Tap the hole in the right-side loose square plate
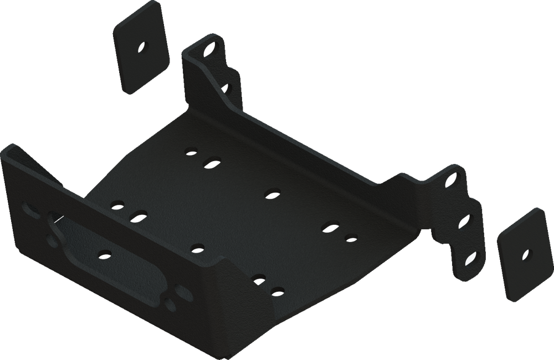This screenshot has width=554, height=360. pos(525,255)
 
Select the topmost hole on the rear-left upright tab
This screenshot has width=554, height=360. pos(210,50)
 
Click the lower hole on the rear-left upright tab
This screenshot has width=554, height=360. pos(225,88)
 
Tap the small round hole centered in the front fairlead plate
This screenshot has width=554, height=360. pos(103,254)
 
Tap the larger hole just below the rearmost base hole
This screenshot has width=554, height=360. pos(212,163)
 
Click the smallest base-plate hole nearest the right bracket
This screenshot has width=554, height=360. pos(351,239)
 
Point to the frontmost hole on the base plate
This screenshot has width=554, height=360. pos(277,290)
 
